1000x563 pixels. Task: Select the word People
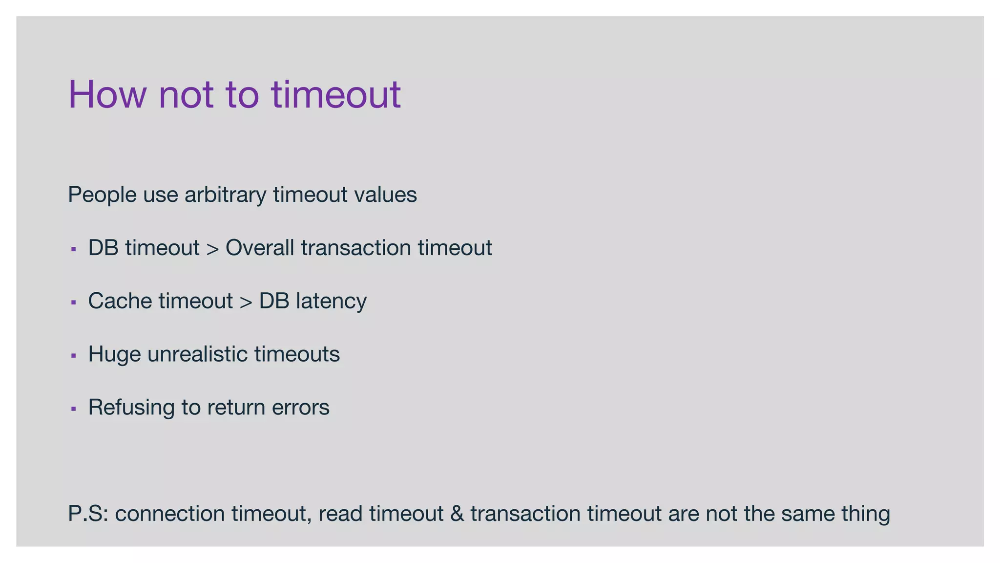(x=103, y=195)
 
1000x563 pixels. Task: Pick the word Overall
(x=260, y=248)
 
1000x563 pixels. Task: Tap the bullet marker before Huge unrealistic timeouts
(x=74, y=355)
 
